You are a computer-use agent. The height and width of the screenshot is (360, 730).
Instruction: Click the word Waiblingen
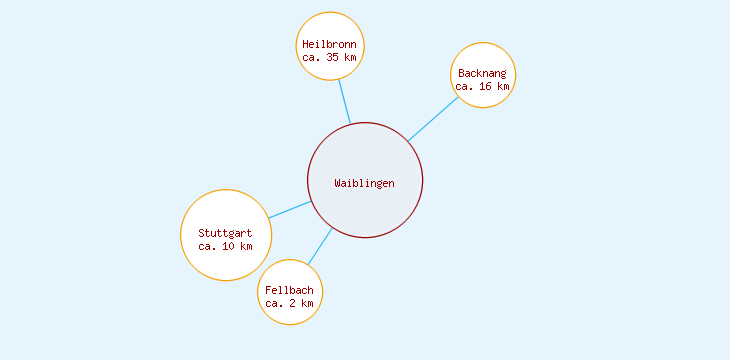pyautogui.click(x=365, y=183)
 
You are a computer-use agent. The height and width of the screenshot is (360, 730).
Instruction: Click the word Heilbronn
pyautogui.click(x=329, y=44)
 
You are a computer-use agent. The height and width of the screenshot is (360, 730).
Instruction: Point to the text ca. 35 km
pyautogui.click(x=329, y=58)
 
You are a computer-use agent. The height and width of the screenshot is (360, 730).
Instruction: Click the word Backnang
pyautogui.click(x=483, y=73)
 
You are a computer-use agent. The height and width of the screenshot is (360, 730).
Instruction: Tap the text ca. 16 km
pyautogui.click(x=483, y=87)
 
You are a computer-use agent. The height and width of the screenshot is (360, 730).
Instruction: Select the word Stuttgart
pyautogui.click(x=226, y=233)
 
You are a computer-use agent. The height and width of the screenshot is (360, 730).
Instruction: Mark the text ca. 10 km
pyautogui.click(x=226, y=246)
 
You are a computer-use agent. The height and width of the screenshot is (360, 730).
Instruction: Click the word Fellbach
pyautogui.click(x=290, y=290)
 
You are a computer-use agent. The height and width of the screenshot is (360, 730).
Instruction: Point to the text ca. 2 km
pyautogui.click(x=290, y=303)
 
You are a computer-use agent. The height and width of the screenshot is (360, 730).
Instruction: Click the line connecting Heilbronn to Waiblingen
pyautogui.click(x=344, y=101)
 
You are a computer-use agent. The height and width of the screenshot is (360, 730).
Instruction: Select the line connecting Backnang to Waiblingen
pyautogui.click(x=432, y=119)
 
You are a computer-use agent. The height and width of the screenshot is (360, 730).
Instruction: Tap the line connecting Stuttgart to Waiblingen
pyautogui.click(x=289, y=210)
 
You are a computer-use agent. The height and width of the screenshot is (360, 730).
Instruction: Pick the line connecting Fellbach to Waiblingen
pyautogui.click(x=319, y=247)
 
